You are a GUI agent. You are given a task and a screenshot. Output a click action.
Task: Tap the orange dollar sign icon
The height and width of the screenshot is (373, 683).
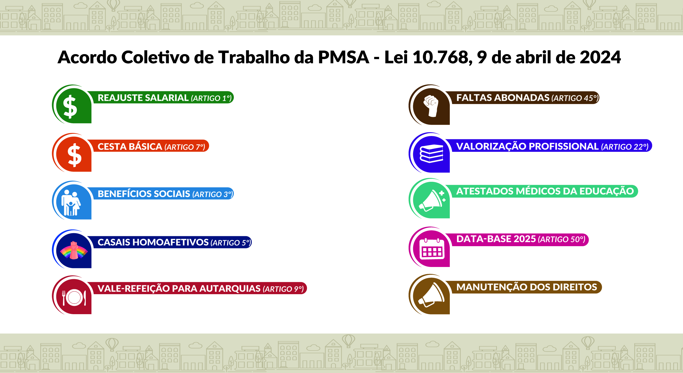tap(75, 155)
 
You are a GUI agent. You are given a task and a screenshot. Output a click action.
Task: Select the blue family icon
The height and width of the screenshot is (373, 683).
tap(71, 203)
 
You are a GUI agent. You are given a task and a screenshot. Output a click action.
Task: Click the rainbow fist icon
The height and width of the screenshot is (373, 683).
tap(74, 250)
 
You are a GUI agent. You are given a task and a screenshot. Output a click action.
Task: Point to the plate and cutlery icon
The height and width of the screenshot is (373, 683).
tap(74, 298)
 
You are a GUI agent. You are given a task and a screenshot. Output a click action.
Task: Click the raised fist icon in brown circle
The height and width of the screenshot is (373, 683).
tap(431, 106)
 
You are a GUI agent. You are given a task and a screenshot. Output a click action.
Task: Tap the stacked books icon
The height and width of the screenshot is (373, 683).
tap(431, 153)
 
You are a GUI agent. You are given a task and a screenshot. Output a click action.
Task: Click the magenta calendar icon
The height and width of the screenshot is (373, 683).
tap(432, 249)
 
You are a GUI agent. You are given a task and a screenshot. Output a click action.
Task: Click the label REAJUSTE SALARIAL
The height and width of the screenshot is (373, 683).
tap(143, 98)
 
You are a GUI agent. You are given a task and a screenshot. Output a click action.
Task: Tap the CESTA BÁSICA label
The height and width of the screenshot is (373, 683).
tap(130, 146)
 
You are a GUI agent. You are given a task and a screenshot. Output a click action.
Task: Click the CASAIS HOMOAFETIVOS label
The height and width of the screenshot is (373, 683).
tap(153, 242)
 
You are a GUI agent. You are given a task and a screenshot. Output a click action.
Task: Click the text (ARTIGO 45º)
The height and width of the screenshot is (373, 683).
tap(575, 98)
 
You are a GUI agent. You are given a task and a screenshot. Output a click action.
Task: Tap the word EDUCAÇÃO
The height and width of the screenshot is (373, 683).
tap(606, 191)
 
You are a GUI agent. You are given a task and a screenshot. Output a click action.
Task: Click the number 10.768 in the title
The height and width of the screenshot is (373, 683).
tap(443, 58)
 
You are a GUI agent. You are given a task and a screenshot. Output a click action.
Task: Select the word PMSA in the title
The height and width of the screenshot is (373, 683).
tap(344, 57)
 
